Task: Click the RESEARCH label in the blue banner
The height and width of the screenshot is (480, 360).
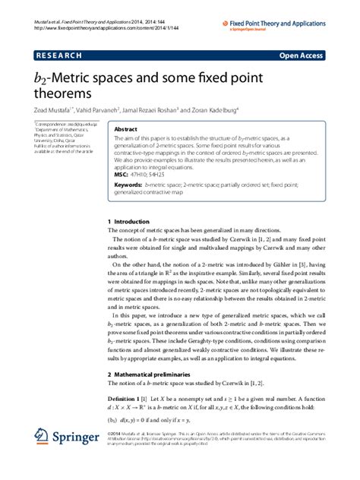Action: pyautogui.click(x=57, y=55)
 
